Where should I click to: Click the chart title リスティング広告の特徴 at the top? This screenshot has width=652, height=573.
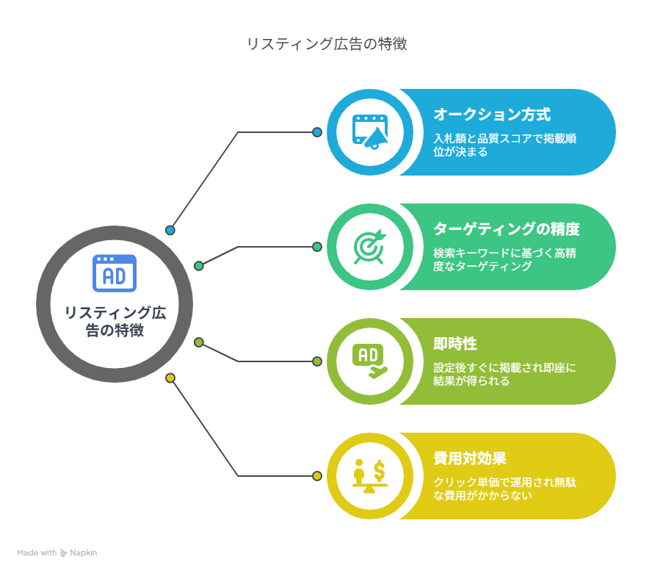click(327, 43)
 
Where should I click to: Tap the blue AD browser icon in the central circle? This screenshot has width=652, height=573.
click(115, 273)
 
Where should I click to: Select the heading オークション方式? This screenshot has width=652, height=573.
click(492, 115)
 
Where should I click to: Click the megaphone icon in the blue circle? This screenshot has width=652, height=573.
click(370, 131)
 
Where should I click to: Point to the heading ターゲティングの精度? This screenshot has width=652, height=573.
click(507, 229)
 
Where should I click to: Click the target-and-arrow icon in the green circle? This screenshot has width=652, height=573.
click(369, 246)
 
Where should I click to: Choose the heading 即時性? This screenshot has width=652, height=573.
click(455, 344)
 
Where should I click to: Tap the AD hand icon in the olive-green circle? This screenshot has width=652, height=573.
click(369, 361)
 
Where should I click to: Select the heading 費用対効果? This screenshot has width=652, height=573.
click(470, 458)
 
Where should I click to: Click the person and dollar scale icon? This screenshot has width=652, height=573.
click(369, 476)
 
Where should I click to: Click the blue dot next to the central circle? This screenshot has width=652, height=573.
click(170, 230)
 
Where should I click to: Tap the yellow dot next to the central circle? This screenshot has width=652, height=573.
click(170, 378)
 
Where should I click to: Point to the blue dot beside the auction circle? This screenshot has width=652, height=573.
click(317, 132)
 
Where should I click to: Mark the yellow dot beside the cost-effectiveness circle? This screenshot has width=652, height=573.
click(317, 476)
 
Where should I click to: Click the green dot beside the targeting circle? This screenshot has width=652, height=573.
click(317, 247)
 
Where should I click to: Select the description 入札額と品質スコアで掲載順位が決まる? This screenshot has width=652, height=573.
click(505, 145)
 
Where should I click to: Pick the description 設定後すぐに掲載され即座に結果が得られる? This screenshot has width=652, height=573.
click(505, 374)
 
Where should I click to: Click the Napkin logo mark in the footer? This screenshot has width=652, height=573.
click(64, 553)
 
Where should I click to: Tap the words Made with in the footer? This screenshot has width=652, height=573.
click(37, 553)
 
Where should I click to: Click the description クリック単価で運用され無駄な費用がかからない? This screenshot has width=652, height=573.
click(505, 489)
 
